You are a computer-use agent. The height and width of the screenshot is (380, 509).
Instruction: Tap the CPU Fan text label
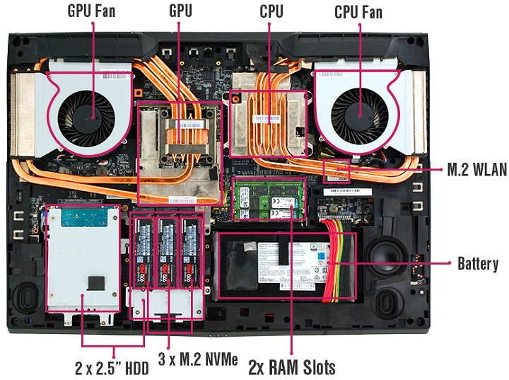pyautogui.click(x=358, y=11)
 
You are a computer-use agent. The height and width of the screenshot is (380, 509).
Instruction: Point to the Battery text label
pyautogui.click(x=478, y=264)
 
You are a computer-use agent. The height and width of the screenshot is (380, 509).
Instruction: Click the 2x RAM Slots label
pyautogui.click(x=291, y=367)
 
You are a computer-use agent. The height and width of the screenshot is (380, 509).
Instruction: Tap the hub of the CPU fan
pyautogui.click(x=358, y=111)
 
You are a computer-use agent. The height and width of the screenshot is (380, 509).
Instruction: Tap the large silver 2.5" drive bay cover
pyautogui.click(x=80, y=258)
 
